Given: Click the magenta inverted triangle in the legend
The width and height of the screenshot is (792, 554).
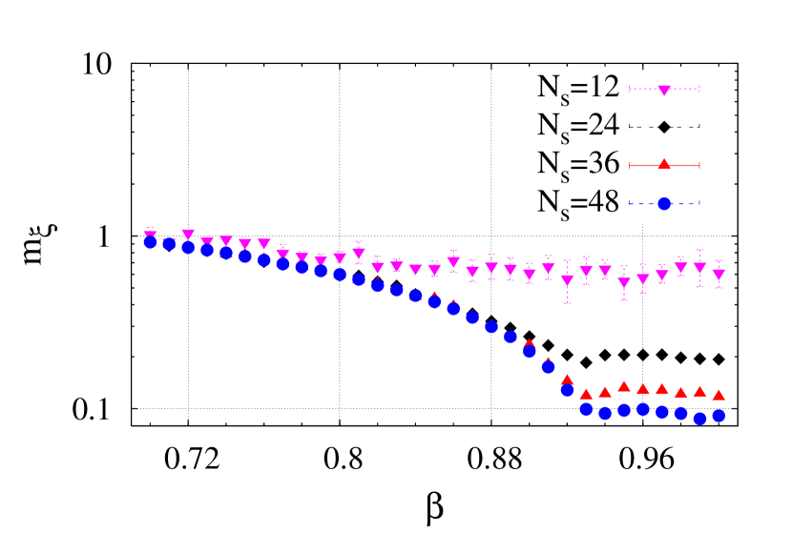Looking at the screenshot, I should (664, 90).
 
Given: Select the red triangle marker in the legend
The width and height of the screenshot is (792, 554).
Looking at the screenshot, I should (664, 164).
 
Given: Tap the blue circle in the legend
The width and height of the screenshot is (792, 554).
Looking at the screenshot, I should (664, 203).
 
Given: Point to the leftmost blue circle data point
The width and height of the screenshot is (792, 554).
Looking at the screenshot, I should (150, 242).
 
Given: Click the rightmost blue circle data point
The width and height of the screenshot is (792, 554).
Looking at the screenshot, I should (719, 416).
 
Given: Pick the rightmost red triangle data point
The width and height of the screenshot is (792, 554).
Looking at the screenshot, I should (719, 394).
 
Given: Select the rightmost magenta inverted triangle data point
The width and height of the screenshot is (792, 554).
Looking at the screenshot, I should (719, 274).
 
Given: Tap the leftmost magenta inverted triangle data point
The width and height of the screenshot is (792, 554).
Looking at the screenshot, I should (150, 236).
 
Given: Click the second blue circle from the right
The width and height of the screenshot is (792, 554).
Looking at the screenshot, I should (699, 418).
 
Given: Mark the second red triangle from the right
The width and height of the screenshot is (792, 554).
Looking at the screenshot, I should (699, 391).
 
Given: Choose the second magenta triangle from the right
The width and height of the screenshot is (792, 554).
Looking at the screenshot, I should (699, 268).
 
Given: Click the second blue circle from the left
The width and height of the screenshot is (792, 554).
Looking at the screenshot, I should (169, 244).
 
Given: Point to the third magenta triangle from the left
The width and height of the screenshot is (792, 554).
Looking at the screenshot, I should (188, 234).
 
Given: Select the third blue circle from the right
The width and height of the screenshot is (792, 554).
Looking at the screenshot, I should (680, 413).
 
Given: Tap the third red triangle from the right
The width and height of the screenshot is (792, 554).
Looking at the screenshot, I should (680, 392).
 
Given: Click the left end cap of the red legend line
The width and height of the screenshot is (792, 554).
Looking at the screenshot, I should (630, 166).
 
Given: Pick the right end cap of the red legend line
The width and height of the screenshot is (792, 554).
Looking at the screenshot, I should (699, 166).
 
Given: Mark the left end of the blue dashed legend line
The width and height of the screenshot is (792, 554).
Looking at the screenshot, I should (630, 203).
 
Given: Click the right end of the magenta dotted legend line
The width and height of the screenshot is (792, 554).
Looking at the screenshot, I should (699, 89).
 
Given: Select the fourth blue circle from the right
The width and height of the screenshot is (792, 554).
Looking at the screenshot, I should (662, 412).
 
